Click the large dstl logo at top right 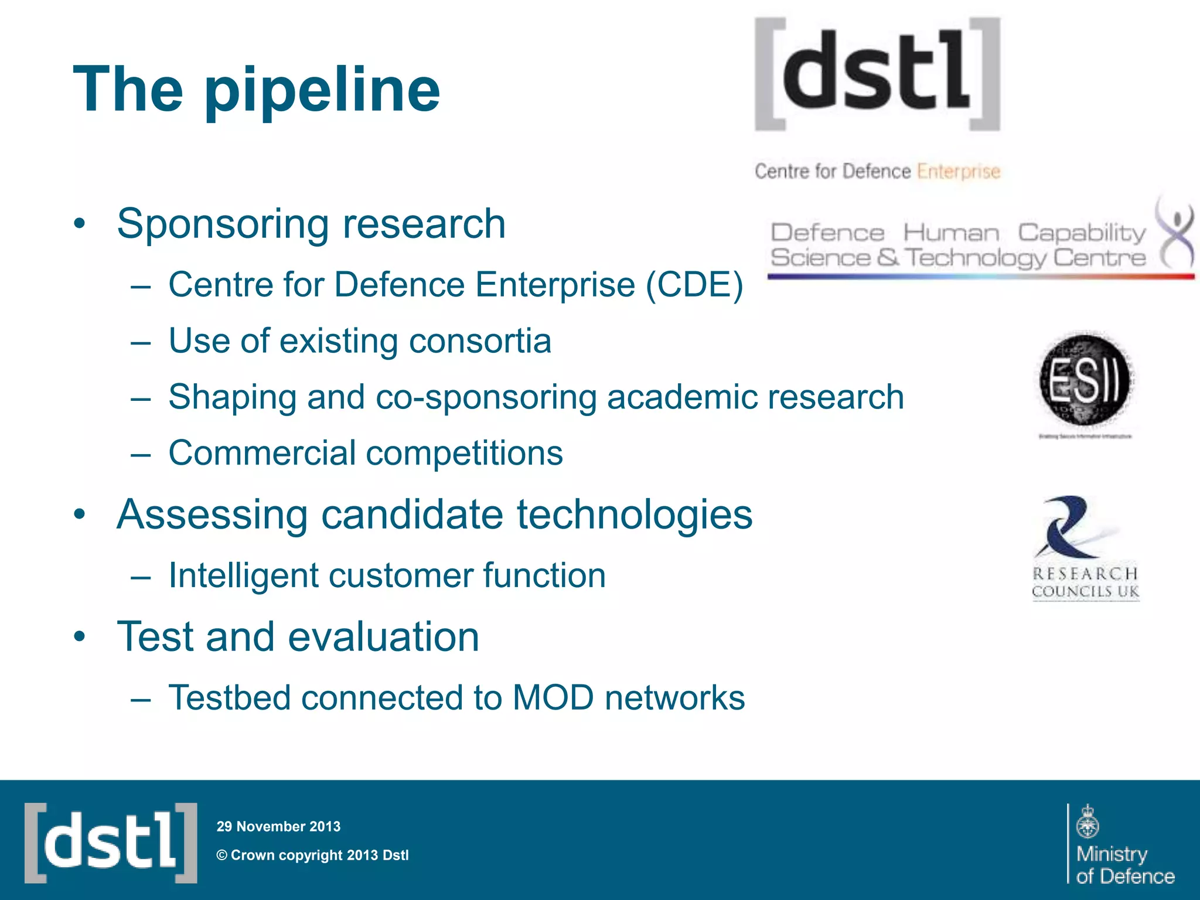point(877,73)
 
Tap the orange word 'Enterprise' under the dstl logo point(958,171)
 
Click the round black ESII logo point(1085,380)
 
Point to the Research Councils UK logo point(1085,548)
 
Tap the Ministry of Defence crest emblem point(1087,821)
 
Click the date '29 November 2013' point(278,826)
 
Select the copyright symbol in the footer point(221,855)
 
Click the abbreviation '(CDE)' point(694,285)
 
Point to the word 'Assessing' point(212,514)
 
